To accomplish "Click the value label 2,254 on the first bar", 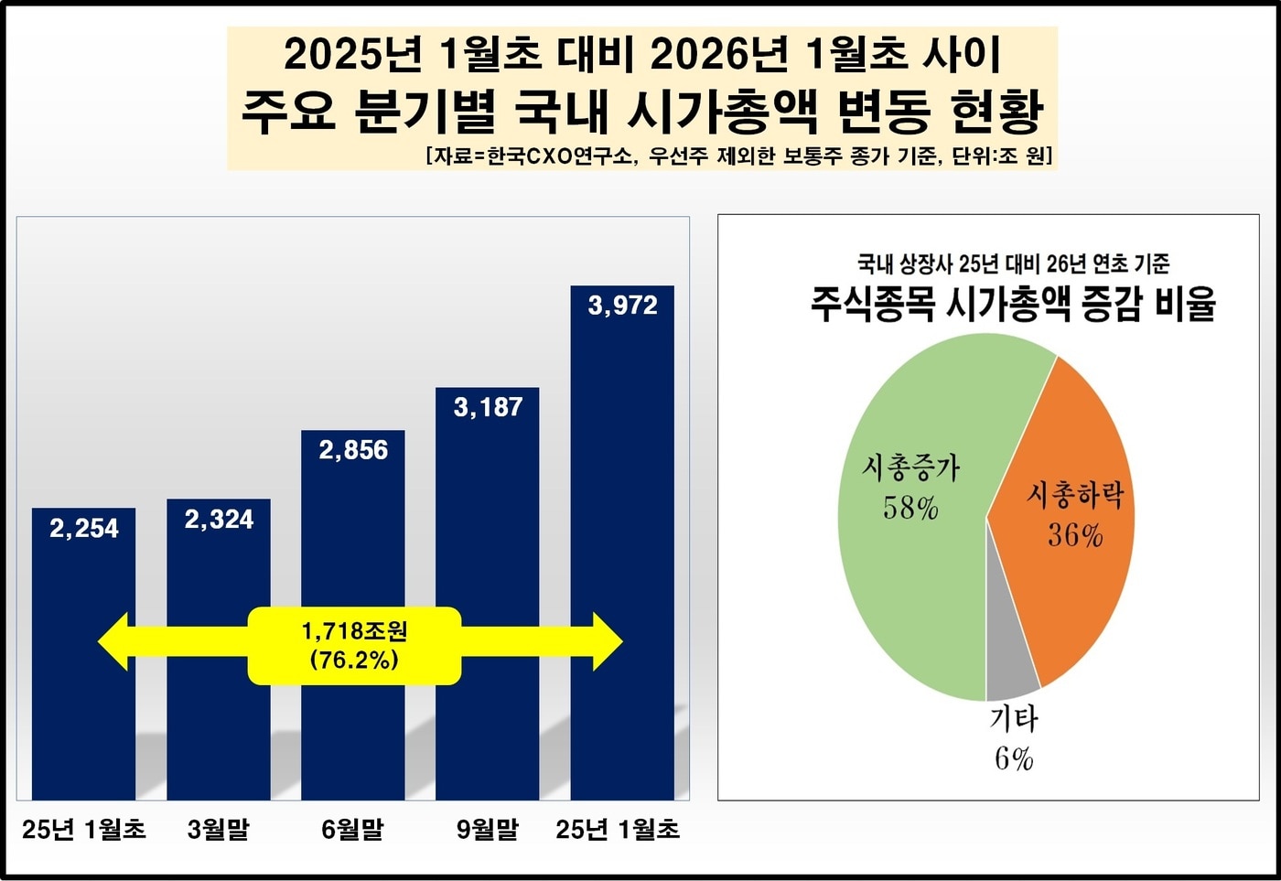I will click(x=84, y=528).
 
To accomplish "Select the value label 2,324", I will click(x=219, y=519).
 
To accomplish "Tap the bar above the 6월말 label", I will click(x=353, y=549).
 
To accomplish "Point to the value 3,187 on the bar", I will click(x=488, y=406).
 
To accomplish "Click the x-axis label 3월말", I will click(x=218, y=830).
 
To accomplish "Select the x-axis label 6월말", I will click(x=352, y=830).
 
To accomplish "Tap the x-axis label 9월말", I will click(x=487, y=830).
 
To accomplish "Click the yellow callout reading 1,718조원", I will click(x=354, y=645).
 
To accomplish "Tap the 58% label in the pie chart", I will click(x=910, y=509).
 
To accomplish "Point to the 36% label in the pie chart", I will click(x=1075, y=535).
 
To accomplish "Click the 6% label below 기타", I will click(x=1014, y=758).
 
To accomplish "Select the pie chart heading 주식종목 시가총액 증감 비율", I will click(x=1013, y=303).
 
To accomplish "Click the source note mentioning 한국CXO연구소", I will click(x=739, y=156).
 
